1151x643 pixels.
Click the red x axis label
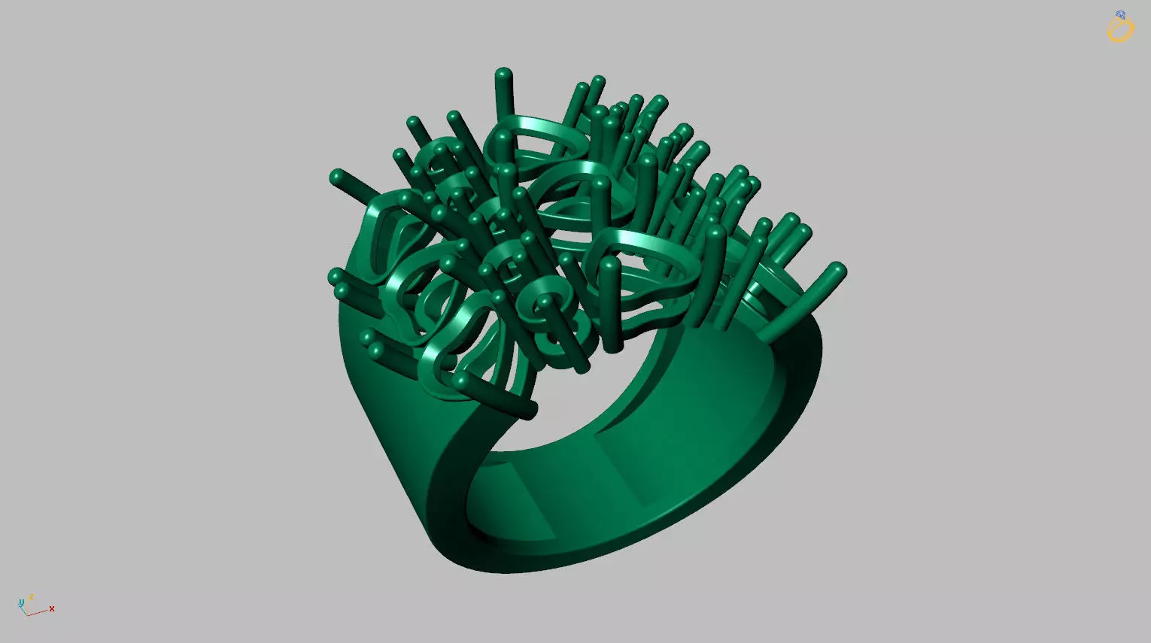tap(52, 608)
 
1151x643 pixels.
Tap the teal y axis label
tap(21, 602)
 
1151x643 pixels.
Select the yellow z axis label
tap(32, 597)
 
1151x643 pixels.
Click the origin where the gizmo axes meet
tap(27, 614)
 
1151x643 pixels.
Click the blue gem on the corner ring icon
tap(1121, 15)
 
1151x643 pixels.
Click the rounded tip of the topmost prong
tap(503, 74)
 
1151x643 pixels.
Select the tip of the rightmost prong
tap(838, 270)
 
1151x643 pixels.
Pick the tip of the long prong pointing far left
tap(337, 177)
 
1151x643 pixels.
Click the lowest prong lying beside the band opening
tap(530, 410)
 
